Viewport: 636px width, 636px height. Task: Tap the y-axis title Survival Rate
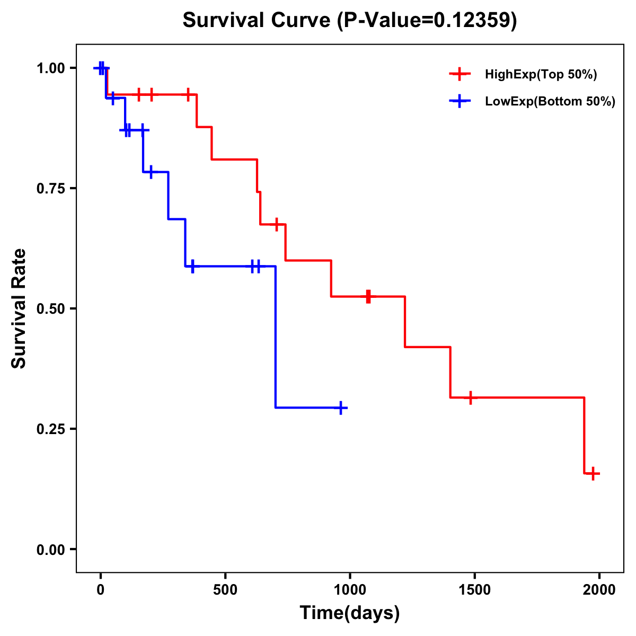(x=19, y=308)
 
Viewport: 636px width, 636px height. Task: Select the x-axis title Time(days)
(x=350, y=613)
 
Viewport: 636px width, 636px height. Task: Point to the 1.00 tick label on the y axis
(x=50, y=68)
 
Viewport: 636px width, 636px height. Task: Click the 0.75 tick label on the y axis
(x=50, y=189)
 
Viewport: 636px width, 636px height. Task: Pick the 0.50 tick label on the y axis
(x=50, y=309)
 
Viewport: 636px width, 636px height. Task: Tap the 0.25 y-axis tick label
(x=50, y=429)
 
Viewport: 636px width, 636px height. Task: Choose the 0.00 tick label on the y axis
(x=50, y=550)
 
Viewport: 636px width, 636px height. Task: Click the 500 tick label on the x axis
(x=225, y=590)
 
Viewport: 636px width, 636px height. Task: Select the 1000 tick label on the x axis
(x=350, y=590)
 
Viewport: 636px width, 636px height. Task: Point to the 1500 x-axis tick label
(x=474, y=590)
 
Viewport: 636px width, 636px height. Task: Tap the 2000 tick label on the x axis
(x=599, y=590)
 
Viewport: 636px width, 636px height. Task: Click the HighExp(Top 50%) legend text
(x=541, y=75)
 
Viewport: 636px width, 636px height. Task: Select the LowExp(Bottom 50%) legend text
(x=550, y=102)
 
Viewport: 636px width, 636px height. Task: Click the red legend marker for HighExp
(x=460, y=74)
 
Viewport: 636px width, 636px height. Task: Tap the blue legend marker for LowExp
(x=460, y=101)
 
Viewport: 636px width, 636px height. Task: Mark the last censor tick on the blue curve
(x=342, y=408)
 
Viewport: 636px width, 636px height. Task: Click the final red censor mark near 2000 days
(x=593, y=473)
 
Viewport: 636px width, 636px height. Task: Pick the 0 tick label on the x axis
(x=101, y=590)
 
